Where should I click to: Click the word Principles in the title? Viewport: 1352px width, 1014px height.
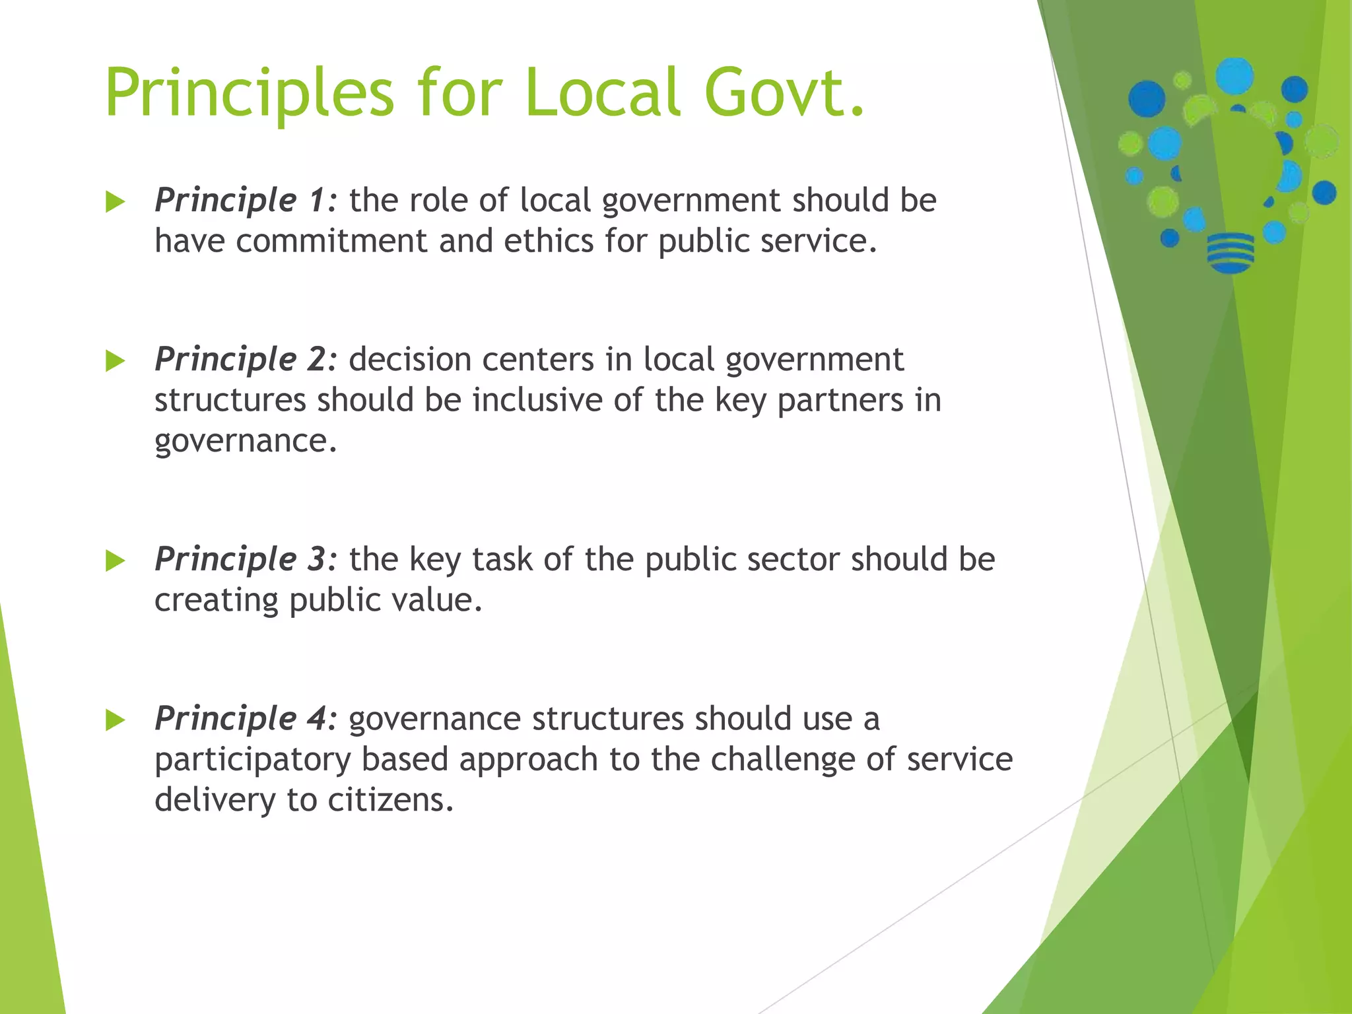pos(250,94)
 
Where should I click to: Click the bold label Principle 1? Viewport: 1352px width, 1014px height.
pos(246,201)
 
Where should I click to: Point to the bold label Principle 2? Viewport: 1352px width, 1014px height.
pos(246,360)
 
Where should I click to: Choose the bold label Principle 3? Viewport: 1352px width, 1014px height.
pos(246,560)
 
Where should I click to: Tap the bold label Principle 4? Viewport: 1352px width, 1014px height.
pos(246,720)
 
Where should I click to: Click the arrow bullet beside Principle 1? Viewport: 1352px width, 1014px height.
pos(115,202)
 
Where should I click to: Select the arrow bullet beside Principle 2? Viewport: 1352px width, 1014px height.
pos(115,361)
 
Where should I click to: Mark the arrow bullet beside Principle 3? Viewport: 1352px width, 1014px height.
pos(115,561)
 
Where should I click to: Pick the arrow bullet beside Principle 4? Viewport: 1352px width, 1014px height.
pos(115,720)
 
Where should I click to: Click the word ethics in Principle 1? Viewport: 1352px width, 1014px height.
pos(549,241)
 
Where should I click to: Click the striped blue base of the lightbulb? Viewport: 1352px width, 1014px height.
pos(1230,252)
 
